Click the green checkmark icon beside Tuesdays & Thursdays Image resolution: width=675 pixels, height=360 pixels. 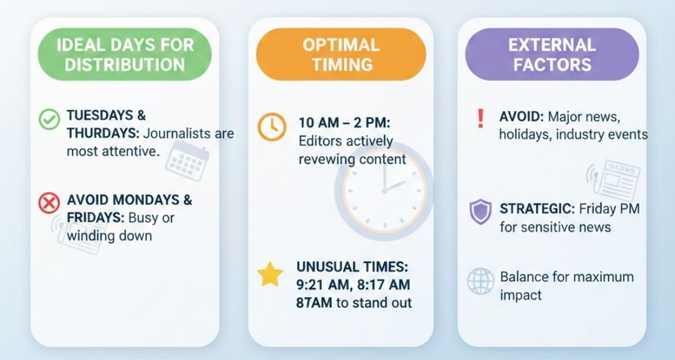point(49,120)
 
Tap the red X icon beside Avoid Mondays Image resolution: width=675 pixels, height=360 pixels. point(49,202)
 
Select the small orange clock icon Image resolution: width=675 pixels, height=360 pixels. point(272,127)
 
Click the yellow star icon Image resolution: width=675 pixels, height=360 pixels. point(270,275)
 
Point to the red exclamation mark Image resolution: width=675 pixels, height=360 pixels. point(479,118)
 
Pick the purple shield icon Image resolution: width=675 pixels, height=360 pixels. point(480,211)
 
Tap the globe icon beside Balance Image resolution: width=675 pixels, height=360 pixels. point(480,280)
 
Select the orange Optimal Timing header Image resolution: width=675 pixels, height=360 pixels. point(340,56)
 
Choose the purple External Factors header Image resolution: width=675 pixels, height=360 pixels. point(551,56)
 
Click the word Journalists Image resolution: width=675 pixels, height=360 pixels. point(184,133)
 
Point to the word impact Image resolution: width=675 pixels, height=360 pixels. point(521,295)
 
